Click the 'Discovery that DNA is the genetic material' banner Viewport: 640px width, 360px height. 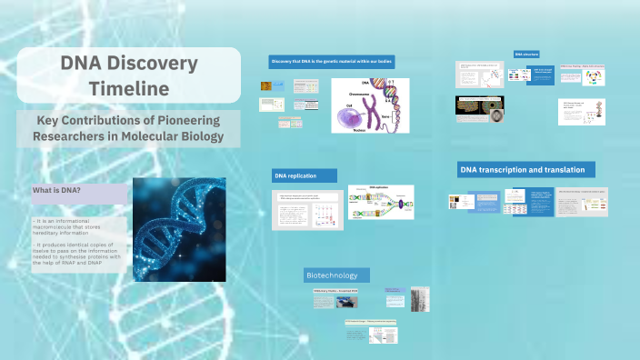[x=332, y=62]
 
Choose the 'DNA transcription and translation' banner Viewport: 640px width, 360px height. [x=526, y=169]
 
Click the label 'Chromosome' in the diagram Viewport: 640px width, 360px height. [x=357, y=91]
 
